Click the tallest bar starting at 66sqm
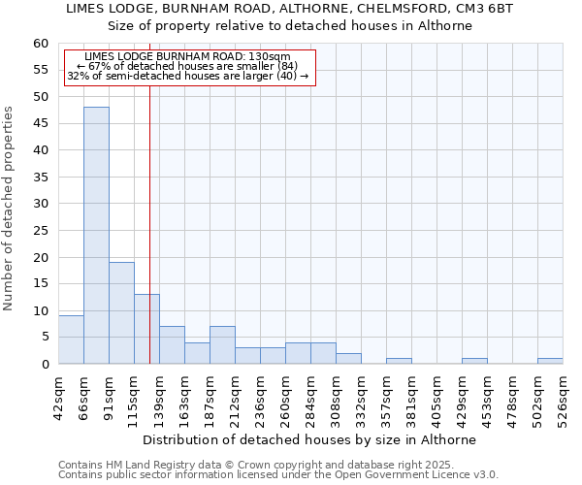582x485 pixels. click(96, 236)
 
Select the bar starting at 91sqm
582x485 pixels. click(121, 312)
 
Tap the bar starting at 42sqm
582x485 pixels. click(71, 339)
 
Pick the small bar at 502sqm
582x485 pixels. click(550, 361)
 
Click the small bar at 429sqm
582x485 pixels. click(474, 361)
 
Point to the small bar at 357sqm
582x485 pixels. click(399, 361)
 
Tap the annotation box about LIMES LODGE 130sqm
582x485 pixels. click(190, 67)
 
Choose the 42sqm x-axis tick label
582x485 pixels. click(58, 396)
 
